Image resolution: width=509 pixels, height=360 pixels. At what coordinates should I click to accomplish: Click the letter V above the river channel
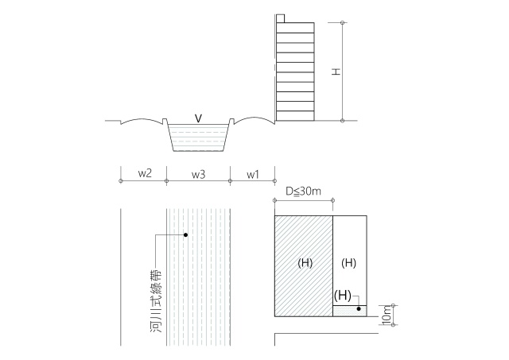click(x=198, y=118)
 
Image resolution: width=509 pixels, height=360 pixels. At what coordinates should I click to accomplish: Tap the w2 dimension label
click(x=145, y=173)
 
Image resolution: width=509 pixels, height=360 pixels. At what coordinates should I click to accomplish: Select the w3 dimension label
click(x=198, y=175)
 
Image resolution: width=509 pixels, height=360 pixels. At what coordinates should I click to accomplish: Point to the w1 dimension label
click(x=253, y=175)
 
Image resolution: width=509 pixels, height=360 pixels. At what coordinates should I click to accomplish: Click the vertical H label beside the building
click(x=336, y=72)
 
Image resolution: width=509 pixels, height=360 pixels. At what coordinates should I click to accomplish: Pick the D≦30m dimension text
click(x=303, y=192)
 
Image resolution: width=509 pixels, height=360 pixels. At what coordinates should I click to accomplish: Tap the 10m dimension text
click(x=387, y=315)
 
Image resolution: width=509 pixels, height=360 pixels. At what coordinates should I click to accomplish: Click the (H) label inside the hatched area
click(x=305, y=263)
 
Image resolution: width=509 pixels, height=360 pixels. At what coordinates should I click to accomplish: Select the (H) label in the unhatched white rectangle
click(x=348, y=263)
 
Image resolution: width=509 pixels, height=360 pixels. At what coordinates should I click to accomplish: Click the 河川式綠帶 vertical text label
click(x=156, y=300)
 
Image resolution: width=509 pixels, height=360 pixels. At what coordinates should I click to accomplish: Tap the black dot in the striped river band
click(x=185, y=234)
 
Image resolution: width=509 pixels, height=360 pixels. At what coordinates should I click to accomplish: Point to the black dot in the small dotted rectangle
click(x=359, y=309)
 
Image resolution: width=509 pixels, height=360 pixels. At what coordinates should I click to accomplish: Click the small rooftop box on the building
click(x=281, y=18)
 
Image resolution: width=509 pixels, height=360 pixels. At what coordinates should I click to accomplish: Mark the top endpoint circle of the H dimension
click(x=342, y=23)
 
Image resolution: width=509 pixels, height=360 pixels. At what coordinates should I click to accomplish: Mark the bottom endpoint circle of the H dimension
click(x=342, y=121)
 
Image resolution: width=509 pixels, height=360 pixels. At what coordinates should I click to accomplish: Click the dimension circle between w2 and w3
click(x=166, y=180)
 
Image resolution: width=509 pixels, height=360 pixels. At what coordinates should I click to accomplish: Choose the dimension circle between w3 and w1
click(x=230, y=180)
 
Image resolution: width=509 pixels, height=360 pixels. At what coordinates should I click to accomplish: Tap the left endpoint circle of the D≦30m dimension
click(x=275, y=200)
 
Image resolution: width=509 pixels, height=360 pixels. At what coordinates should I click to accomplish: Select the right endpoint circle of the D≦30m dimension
click(x=332, y=200)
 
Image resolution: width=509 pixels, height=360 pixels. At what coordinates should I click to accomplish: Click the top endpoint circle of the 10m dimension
click(x=393, y=305)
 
